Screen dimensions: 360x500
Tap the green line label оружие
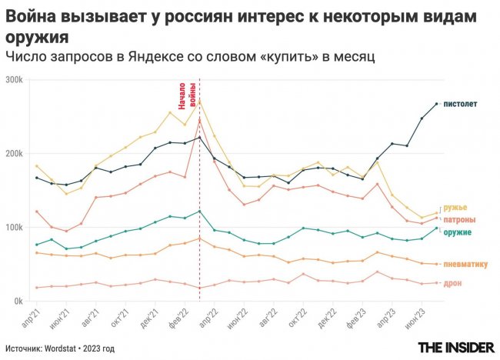pos(459,232)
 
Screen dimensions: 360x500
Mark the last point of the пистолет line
pos(436,104)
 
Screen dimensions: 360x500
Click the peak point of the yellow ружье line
pos(200,100)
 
